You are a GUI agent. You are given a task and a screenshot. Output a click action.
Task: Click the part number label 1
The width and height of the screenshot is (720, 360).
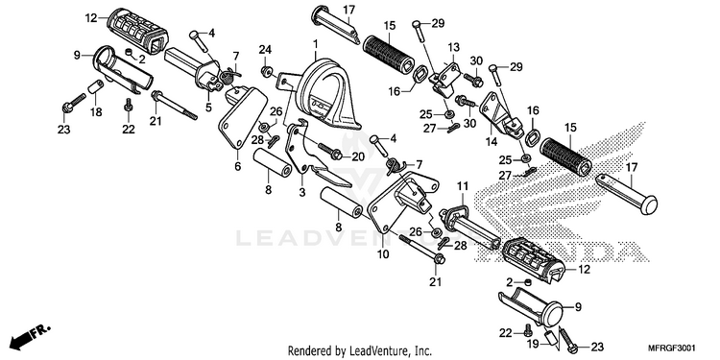tap(316, 44)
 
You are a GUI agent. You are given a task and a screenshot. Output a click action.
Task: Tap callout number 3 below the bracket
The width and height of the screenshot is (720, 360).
tap(302, 193)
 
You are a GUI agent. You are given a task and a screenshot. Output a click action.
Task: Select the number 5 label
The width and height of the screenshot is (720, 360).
tap(208, 108)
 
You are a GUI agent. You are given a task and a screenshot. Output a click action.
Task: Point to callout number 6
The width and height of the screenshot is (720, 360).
tap(237, 167)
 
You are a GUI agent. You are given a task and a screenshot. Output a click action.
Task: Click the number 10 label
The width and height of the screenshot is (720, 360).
tap(383, 253)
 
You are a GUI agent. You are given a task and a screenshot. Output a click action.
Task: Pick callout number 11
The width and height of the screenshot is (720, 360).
tap(463, 186)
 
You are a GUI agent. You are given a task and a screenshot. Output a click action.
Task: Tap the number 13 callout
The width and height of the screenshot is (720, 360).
tap(453, 47)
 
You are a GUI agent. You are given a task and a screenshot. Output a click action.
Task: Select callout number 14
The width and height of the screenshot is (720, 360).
tap(492, 142)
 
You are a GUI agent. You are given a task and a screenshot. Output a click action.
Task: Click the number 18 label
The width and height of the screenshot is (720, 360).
tap(96, 112)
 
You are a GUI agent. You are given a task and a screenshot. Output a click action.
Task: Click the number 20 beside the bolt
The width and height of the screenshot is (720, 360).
tap(358, 157)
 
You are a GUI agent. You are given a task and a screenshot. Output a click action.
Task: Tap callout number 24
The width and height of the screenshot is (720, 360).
tap(265, 50)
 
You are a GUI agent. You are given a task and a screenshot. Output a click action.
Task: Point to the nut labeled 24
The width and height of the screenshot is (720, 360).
tap(265, 71)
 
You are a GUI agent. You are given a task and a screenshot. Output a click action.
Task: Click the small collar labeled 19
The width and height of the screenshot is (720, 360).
tap(550, 337)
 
